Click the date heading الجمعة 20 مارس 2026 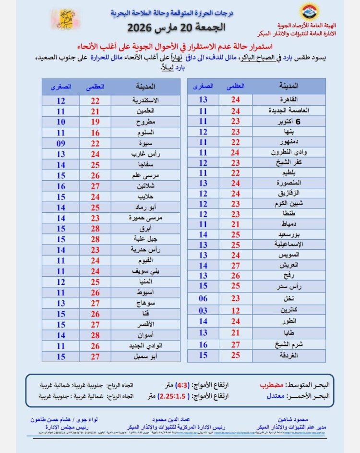pos(179,27)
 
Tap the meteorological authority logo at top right pos(308,13)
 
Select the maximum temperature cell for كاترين pos(236,311)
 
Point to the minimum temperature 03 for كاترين pos(203,311)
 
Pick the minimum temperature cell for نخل pos(203,298)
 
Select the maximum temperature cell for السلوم pos(95,133)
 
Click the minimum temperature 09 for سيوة pos(61,144)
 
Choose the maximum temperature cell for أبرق pos(95,229)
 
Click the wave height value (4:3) pos(184,385)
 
